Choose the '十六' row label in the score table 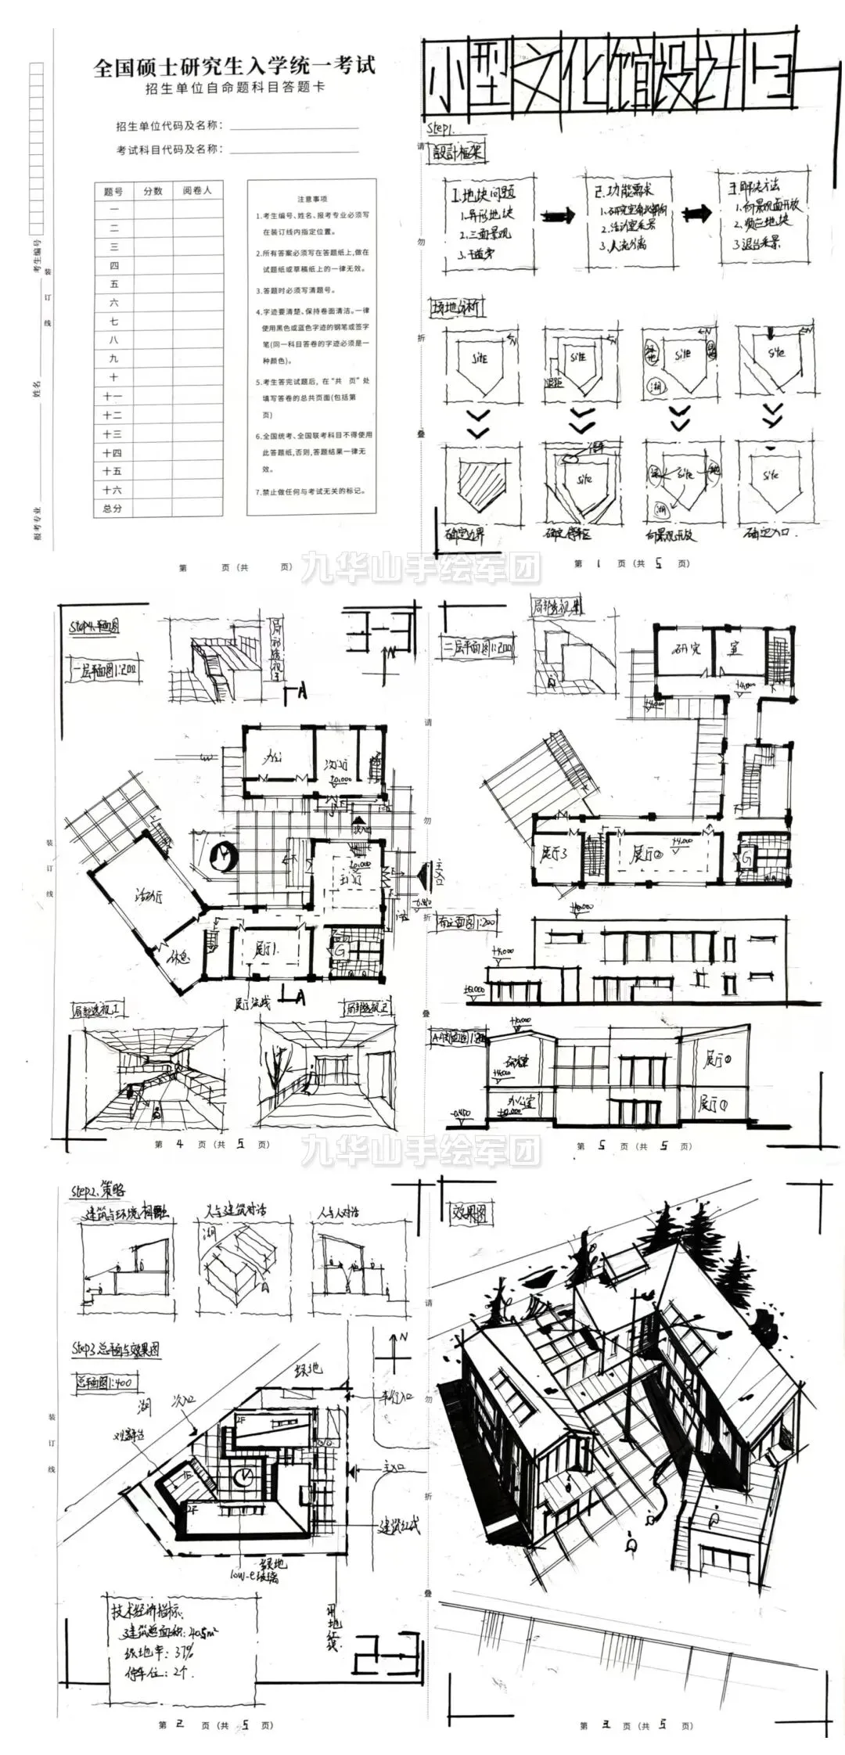[113, 490]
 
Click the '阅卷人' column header [197, 190]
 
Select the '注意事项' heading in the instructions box [312, 200]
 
